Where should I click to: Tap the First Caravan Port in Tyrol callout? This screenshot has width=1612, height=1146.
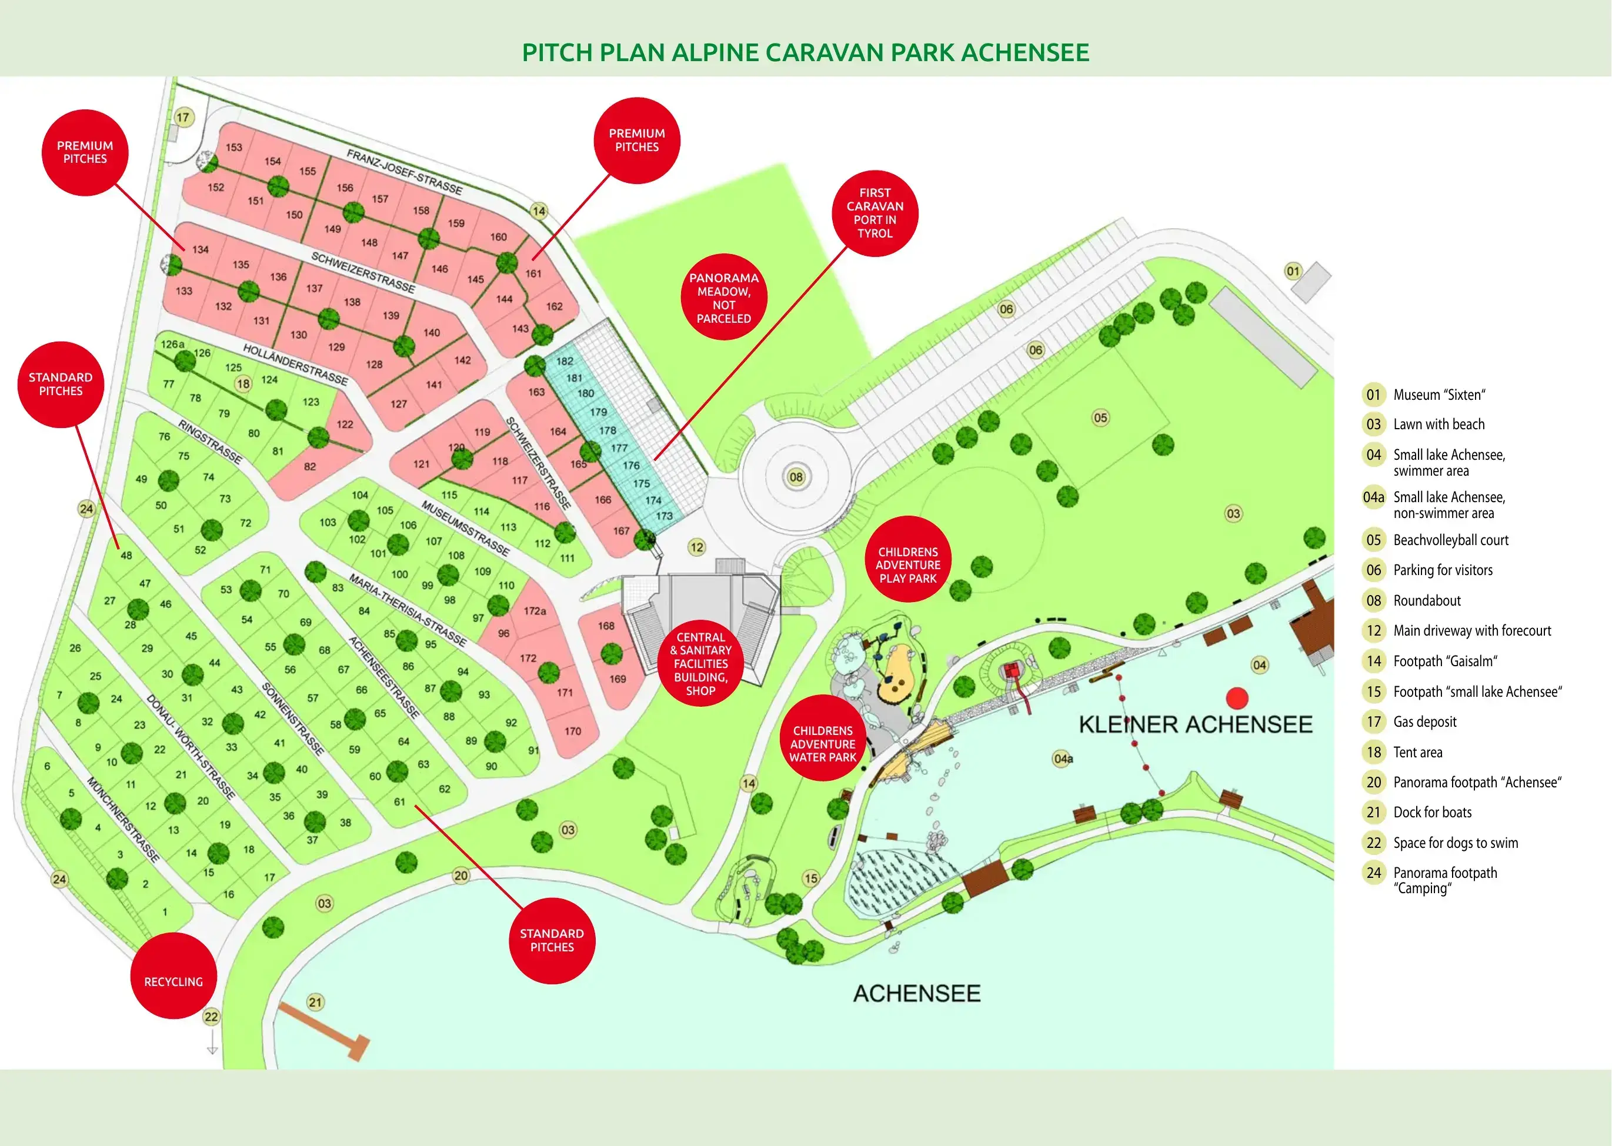click(x=875, y=213)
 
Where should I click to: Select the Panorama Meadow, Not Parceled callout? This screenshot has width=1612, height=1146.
click(x=724, y=297)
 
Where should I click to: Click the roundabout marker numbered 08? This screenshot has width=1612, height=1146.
click(x=796, y=477)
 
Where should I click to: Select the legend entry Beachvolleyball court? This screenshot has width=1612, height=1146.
click(x=1450, y=540)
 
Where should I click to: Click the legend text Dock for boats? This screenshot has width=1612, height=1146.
click(x=1432, y=812)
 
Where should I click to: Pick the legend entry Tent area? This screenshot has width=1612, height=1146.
click(x=1417, y=752)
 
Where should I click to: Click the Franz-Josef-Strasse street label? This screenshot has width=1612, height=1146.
click(x=405, y=172)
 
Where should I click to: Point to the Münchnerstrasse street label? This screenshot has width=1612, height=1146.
click(x=124, y=819)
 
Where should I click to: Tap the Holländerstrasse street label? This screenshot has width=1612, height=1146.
click(x=296, y=364)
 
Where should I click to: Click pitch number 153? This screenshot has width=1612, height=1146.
click(x=233, y=148)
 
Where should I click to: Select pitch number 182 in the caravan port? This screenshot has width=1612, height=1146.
click(x=565, y=361)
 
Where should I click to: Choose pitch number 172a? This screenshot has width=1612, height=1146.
click(x=535, y=611)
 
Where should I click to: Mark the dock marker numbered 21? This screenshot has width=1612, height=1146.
click(x=315, y=1002)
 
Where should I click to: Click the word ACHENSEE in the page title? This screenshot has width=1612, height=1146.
click(x=1026, y=52)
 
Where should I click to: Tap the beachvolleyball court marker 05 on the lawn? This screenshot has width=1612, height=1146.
click(x=1100, y=417)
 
